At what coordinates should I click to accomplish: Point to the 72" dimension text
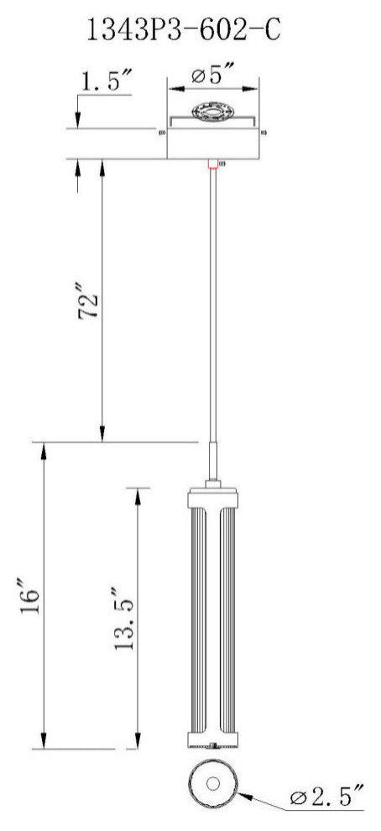pos(91,305)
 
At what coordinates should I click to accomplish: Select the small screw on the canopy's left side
pos(161,131)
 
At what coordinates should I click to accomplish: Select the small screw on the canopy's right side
pos(265,131)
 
